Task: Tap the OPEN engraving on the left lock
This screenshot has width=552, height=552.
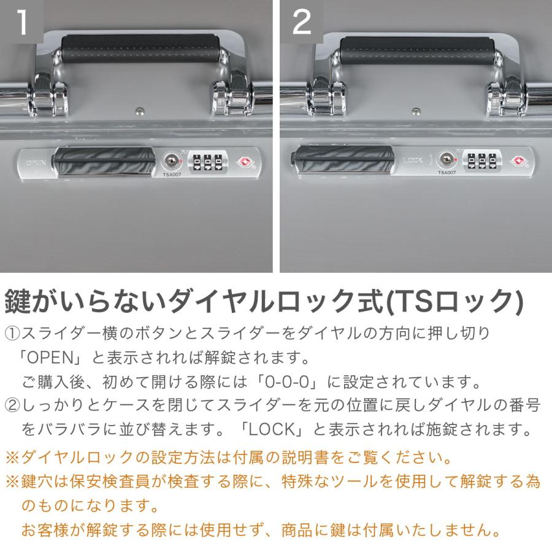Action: tap(36, 163)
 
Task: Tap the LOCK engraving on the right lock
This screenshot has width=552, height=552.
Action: tap(413, 161)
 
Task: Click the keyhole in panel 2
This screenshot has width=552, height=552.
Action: tap(447, 159)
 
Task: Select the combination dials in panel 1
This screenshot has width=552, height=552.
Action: tap(208, 163)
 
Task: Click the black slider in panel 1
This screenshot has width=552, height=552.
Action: tap(104, 163)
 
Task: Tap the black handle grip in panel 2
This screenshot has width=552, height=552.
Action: tap(417, 51)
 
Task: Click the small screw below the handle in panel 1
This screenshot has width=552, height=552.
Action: tap(140, 111)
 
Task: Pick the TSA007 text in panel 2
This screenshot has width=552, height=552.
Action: tap(447, 172)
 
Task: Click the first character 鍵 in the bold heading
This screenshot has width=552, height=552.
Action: tap(18, 301)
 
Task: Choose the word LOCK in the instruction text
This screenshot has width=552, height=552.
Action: tap(272, 429)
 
